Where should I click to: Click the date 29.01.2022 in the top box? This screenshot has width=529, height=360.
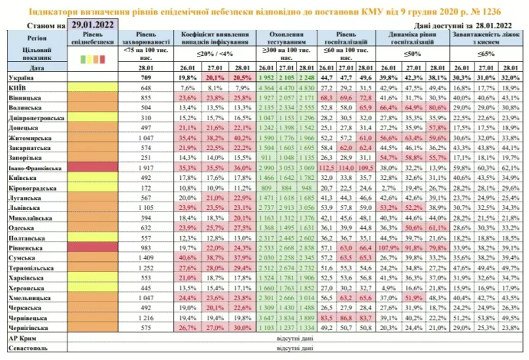coord(96,25)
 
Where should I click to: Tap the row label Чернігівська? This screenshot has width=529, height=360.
coord(30,327)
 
